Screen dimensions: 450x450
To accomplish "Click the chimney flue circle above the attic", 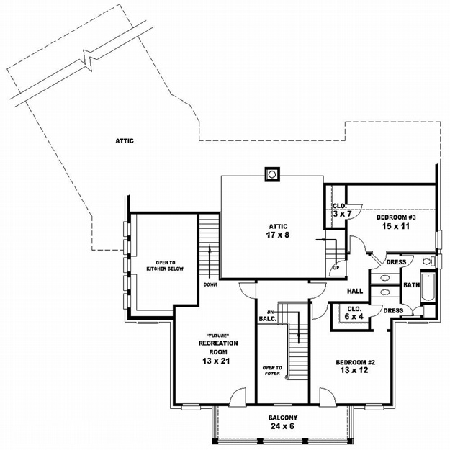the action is click(272, 174).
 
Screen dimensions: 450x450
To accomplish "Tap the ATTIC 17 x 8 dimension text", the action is click(278, 235).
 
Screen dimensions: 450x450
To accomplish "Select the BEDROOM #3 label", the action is click(396, 217).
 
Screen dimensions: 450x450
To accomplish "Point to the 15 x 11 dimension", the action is click(395, 226).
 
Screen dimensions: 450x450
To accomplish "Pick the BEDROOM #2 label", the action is click(355, 362).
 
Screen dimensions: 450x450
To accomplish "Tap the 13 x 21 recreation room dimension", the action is click(216, 361).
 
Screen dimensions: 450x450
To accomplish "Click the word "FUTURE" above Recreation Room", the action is click(218, 336).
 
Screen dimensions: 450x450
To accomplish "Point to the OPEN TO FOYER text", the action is click(272, 371).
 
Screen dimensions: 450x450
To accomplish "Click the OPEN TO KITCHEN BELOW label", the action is click(165, 266).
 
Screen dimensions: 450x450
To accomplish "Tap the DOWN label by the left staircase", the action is click(210, 284).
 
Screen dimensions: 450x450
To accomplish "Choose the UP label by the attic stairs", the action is click(336, 268).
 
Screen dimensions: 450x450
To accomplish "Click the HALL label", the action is click(355, 291).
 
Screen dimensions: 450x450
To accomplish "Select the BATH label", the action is click(412, 285).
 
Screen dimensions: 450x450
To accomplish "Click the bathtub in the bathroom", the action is click(428, 286).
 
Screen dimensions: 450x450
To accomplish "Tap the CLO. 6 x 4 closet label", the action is click(354, 312).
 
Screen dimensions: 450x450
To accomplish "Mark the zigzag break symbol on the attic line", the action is click(89, 60).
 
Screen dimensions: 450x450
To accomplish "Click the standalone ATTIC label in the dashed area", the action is click(125, 141).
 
